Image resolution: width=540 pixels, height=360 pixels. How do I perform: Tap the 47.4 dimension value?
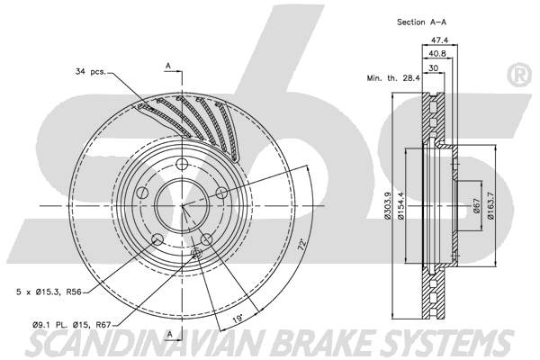click(x=439, y=40)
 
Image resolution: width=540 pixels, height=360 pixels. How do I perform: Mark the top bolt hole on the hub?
click(x=182, y=164)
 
